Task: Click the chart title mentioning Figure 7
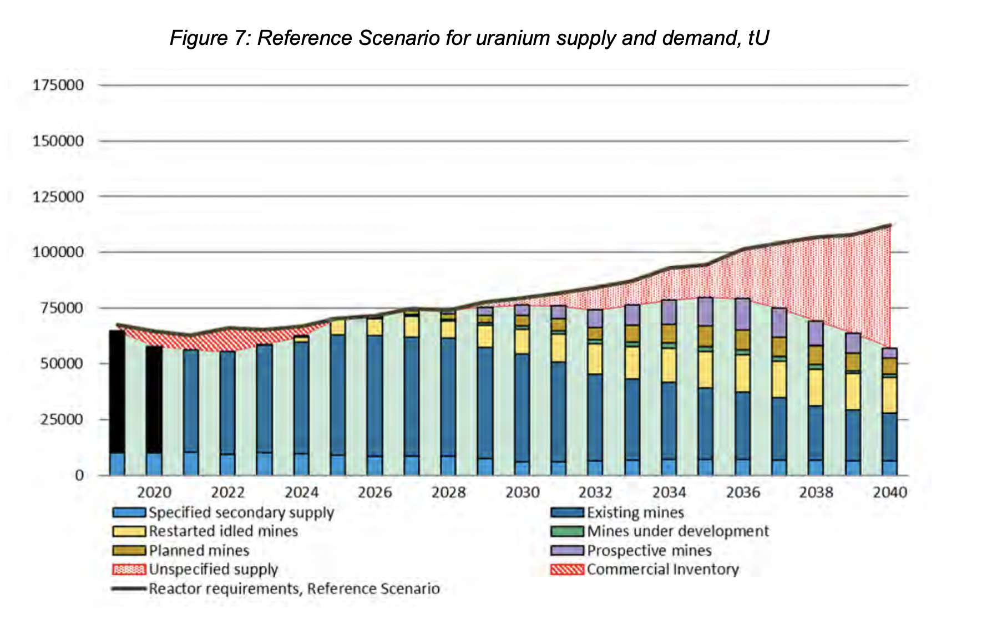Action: pyautogui.click(x=469, y=38)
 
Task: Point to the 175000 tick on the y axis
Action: pyautogui.click(x=58, y=85)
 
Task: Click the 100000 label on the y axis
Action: pyautogui.click(x=58, y=252)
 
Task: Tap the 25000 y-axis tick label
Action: pyautogui.click(x=62, y=419)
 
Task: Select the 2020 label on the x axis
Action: pyautogui.click(x=154, y=492)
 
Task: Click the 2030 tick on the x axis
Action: pyautogui.click(x=522, y=492)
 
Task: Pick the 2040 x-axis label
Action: pyautogui.click(x=889, y=492)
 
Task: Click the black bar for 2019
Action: pyautogui.click(x=117, y=392)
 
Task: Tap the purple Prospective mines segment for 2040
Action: pyautogui.click(x=889, y=353)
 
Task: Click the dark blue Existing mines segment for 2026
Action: pyautogui.click(x=374, y=395)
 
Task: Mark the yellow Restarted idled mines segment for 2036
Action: pyautogui.click(x=743, y=373)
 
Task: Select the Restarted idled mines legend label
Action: pyautogui.click(x=223, y=531)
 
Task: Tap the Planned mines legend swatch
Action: pyautogui.click(x=129, y=550)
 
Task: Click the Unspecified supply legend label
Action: pyautogui.click(x=213, y=570)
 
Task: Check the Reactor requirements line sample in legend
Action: pyautogui.click(x=129, y=589)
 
